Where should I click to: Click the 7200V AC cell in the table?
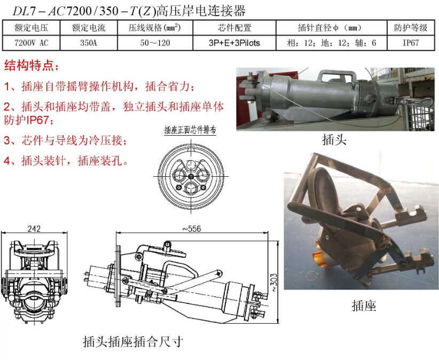point(31,43)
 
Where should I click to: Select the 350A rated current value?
point(89,43)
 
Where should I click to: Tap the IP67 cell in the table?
point(411,43)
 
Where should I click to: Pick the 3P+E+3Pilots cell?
point(234,43)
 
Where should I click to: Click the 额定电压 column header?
point(32,28)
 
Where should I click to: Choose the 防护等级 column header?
point(411,28)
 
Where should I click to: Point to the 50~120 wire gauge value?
point(155,43)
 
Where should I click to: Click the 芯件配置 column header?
point(234,28)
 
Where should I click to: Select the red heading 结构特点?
point(32,66)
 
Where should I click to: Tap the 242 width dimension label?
point(34,229)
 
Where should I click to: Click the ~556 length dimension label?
point(192,229)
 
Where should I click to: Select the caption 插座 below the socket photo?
point(364,306)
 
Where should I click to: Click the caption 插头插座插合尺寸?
point(133,342)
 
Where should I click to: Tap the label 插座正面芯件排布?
point(190,130)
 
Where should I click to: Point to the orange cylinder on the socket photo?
point(319,254)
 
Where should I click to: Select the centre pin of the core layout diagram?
point(191,176)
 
